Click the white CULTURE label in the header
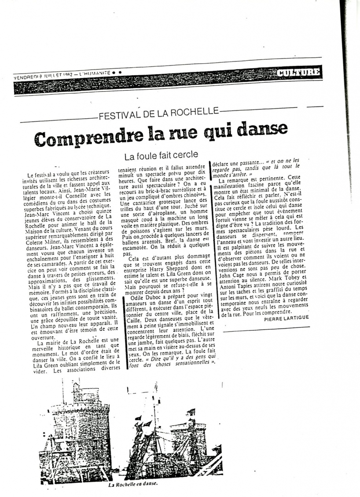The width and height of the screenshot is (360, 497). pos(299,72)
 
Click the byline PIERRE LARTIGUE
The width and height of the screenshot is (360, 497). pos(286,317)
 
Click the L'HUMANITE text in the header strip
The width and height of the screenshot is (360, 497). pos(91,73)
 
